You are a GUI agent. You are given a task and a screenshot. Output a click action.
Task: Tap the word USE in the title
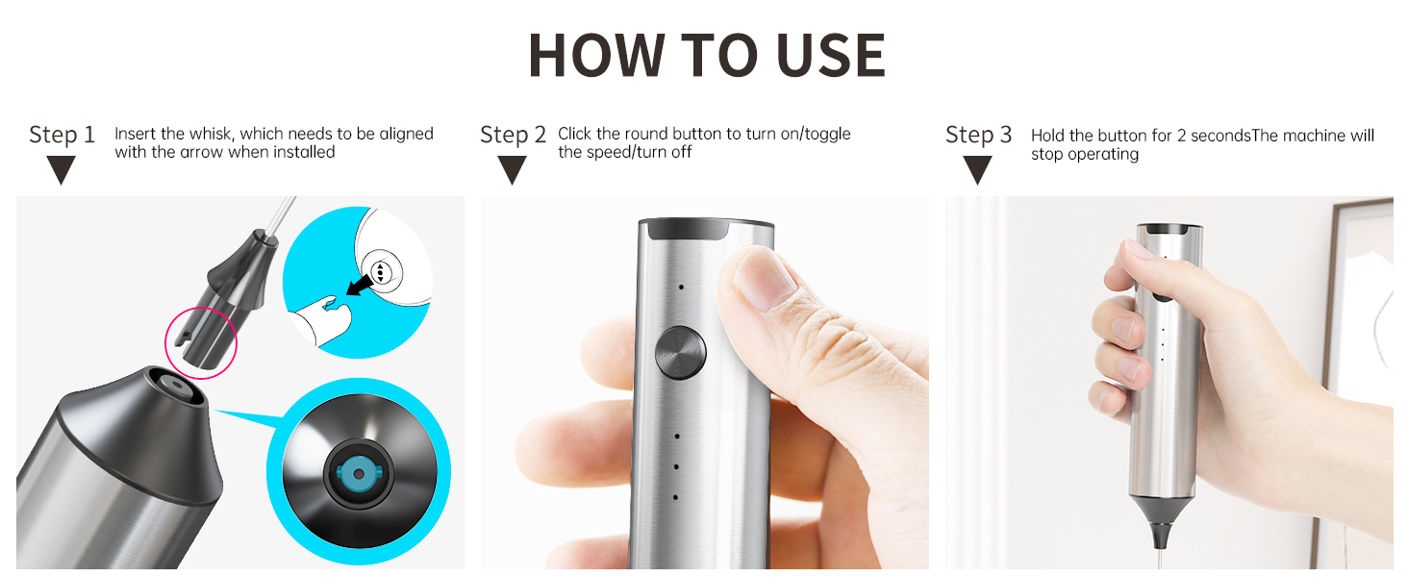[831, 55]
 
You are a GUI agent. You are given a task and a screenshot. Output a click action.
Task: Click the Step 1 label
[62, 136]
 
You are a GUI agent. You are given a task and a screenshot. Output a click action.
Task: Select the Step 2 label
[513, 136]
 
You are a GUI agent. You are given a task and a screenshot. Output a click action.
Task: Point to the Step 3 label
[979, 136]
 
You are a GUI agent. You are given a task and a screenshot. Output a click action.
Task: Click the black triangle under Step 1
[62, 169]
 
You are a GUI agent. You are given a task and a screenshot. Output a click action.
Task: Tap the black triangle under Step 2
[513, 169]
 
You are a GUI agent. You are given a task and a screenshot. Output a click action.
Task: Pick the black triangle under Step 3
[978, 169]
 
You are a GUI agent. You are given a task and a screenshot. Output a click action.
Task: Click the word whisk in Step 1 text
[213, 134]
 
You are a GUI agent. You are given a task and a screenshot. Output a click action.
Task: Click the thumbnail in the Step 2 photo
[763, 279]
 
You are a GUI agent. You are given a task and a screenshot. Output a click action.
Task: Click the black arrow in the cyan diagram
[360, 284]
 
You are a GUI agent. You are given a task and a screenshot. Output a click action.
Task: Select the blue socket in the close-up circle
[359, 474]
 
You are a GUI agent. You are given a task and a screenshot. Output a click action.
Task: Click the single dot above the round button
[681, 288]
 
